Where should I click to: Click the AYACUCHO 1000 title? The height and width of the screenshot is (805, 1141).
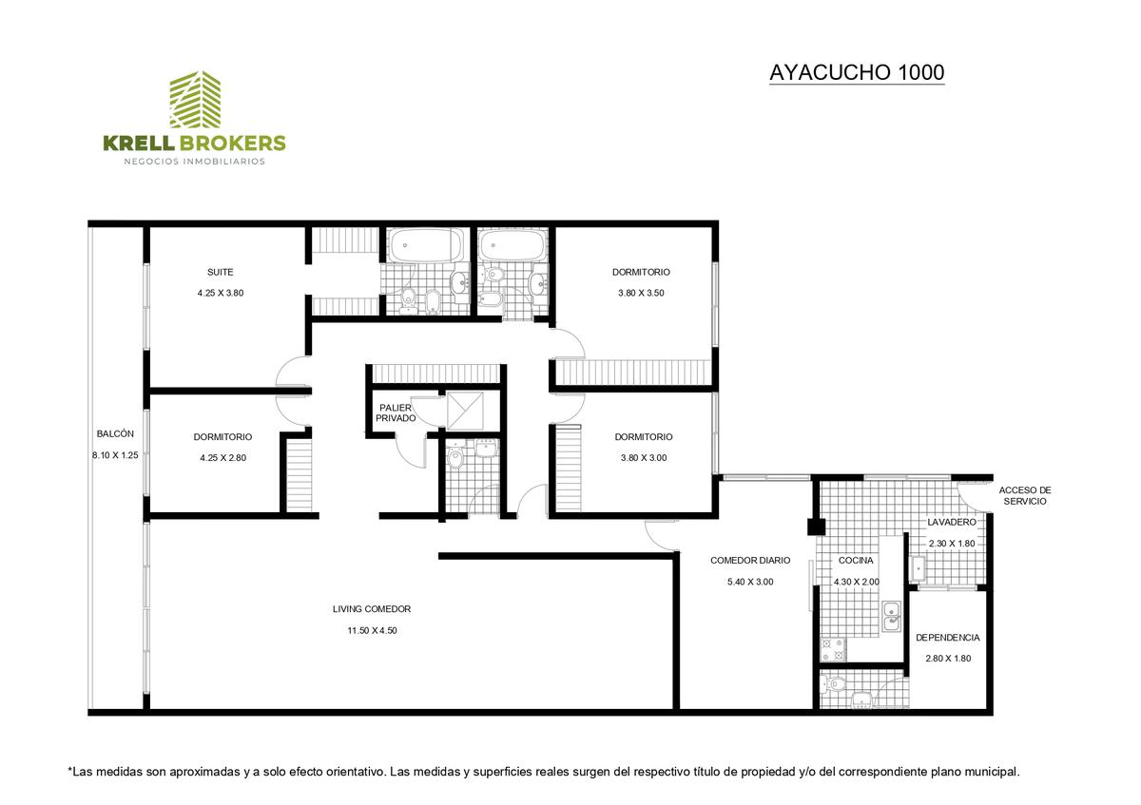tap(857, 73)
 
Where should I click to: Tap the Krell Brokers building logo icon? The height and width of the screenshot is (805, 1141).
tap(195, 99)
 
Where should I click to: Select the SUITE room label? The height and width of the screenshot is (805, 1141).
tap(220, 273)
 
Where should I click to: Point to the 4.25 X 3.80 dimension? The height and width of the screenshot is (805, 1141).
tap(221, 294)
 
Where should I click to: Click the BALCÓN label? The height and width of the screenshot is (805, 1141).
tap(115, 433)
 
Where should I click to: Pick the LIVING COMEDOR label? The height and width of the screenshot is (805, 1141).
tap(372, 609)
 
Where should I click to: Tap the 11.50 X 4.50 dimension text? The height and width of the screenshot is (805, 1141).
tap(373, 630)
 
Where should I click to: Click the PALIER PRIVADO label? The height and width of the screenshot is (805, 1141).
tap(396, 412)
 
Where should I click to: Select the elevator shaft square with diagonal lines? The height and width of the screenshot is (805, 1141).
tap(465, 411)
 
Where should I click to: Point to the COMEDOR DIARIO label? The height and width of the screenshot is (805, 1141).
tap(750, 561)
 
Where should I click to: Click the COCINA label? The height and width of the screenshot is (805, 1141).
tap(856, 561)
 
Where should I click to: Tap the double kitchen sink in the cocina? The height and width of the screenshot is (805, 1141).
tap(892, 616)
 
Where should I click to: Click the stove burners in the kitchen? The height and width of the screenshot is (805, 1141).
tap(833, 650)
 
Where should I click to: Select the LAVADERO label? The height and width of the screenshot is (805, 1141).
tap(952, 523)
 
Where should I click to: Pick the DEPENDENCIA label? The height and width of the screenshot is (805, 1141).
tap(948, 638)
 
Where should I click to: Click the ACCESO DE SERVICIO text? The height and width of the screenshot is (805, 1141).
tap(1025, 496)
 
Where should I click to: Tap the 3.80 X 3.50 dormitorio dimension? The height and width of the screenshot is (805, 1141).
tap(641, 294)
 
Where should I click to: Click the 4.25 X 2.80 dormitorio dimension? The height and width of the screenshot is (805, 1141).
tap(223, 458)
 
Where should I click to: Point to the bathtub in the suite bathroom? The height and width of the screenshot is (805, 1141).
tap(426, 246)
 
